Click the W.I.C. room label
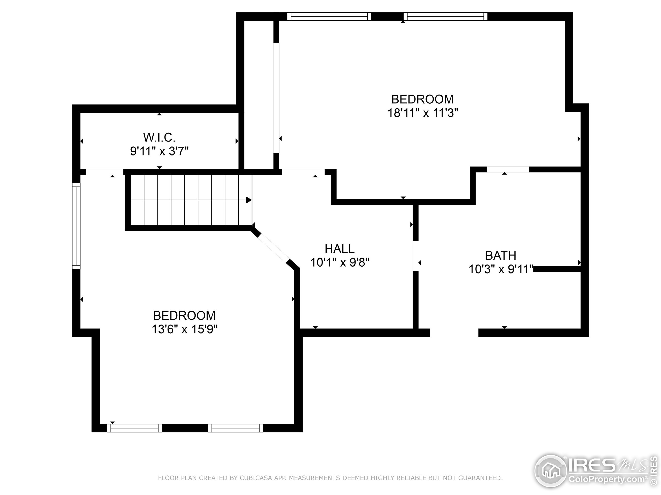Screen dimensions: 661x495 coord(159,138)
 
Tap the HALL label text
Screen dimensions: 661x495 coord(340,249)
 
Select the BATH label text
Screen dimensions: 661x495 coord(501,255)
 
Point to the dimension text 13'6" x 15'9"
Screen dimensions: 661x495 coord(185,329)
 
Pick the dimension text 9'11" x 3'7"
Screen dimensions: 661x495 coord(159,151)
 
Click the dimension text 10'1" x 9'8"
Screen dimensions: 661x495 coord(340,262)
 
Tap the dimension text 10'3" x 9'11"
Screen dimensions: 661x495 coord(501,269)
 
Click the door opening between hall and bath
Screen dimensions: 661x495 coord(416,256)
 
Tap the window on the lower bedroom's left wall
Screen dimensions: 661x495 coord(76,226)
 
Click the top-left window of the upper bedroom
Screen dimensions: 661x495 coord(329,16)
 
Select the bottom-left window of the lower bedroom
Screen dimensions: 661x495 coord(135,428)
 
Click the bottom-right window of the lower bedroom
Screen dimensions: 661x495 coord(236,428)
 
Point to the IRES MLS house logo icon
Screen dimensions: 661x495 coord(551,472)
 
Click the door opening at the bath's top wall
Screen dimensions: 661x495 coord(508,169)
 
